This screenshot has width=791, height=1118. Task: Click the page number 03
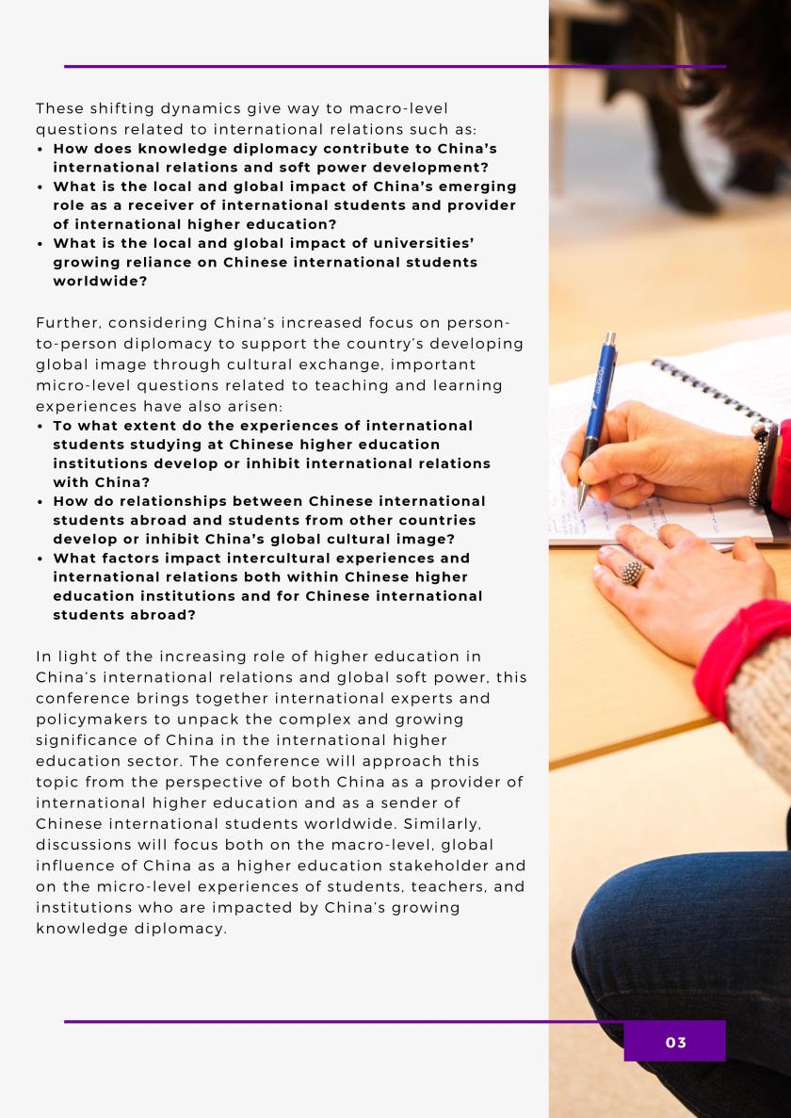(675, 1042)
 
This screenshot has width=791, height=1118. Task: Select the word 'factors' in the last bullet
(128, 559)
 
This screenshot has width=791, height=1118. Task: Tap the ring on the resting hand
(633, 571)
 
